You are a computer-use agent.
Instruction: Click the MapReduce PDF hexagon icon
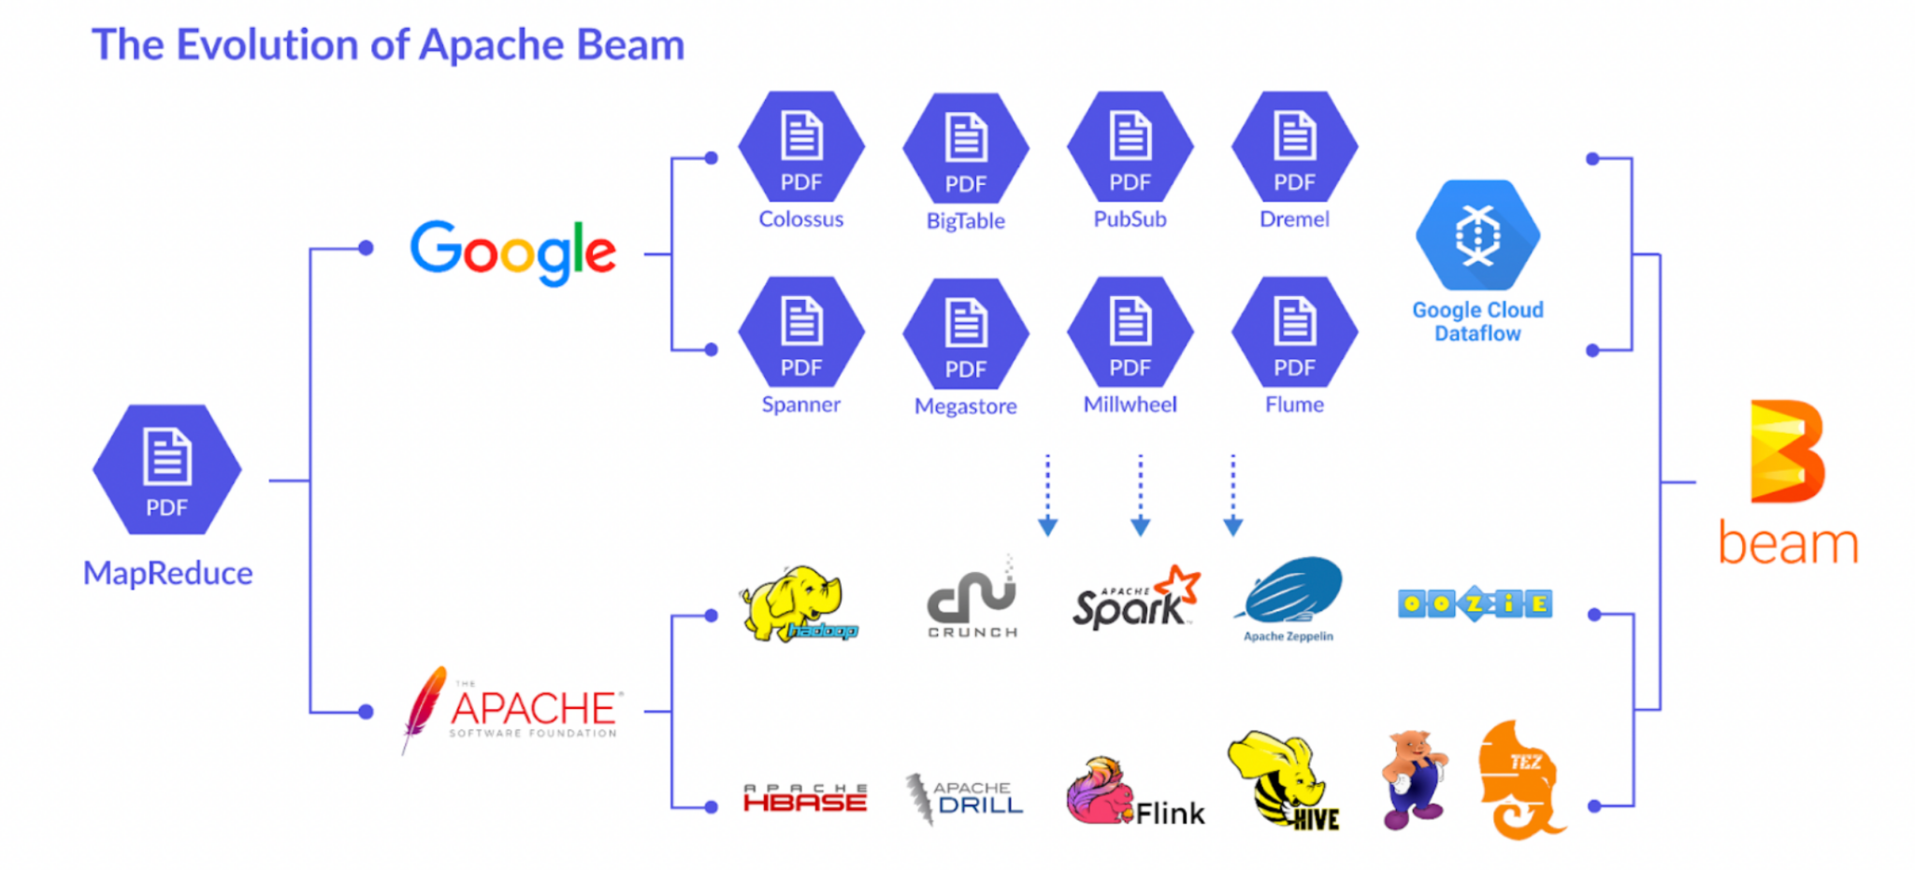(166, 469)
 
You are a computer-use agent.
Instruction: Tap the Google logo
(512, 251)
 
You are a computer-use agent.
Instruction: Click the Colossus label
(800, 220)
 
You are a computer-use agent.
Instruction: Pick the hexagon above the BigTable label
(965, 148)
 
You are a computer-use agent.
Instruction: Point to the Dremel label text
(1294, 220)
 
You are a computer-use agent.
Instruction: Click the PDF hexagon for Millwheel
(1130, 332)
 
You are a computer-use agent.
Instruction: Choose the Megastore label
(965, 406)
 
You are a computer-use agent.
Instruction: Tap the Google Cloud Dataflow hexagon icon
(1477, 235)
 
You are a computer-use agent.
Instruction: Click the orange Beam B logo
(1786, 451)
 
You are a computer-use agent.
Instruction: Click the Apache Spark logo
(1134, 600)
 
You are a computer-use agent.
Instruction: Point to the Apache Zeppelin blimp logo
(1291, 591)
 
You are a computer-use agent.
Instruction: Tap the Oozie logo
(1475, 604)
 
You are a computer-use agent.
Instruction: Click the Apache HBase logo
(805, 798)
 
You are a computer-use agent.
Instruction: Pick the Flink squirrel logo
(1099, 792)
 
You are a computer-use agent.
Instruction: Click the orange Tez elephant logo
(1519, 779)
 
